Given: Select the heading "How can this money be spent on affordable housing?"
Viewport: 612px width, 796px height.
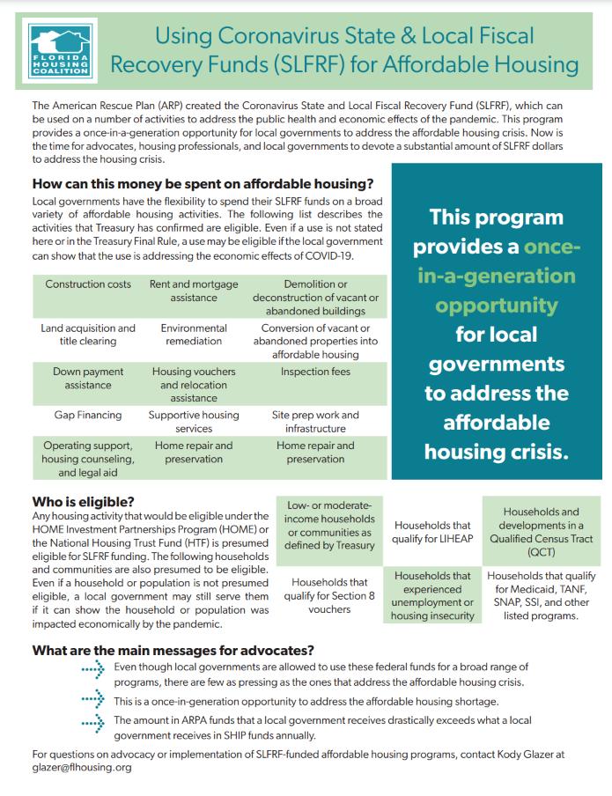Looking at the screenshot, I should (203, 184).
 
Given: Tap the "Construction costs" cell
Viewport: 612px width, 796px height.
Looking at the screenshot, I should (88, 284).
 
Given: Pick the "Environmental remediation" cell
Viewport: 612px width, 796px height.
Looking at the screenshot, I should (194, 335).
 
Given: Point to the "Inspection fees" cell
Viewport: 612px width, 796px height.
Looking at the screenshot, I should (315, 372).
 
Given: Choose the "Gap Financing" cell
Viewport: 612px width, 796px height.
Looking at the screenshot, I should (88, 414).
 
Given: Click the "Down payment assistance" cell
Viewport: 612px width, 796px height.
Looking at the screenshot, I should (88, 378).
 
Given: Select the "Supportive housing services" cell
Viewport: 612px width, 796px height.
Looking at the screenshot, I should (194, 421).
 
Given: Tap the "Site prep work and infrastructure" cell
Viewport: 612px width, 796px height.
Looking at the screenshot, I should (315, 421).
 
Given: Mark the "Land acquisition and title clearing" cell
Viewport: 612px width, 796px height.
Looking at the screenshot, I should (88, 335).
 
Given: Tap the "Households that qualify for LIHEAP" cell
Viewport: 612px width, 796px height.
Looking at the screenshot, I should (432, 533).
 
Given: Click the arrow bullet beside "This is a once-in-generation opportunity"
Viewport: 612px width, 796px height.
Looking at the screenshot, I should (93, 701).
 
